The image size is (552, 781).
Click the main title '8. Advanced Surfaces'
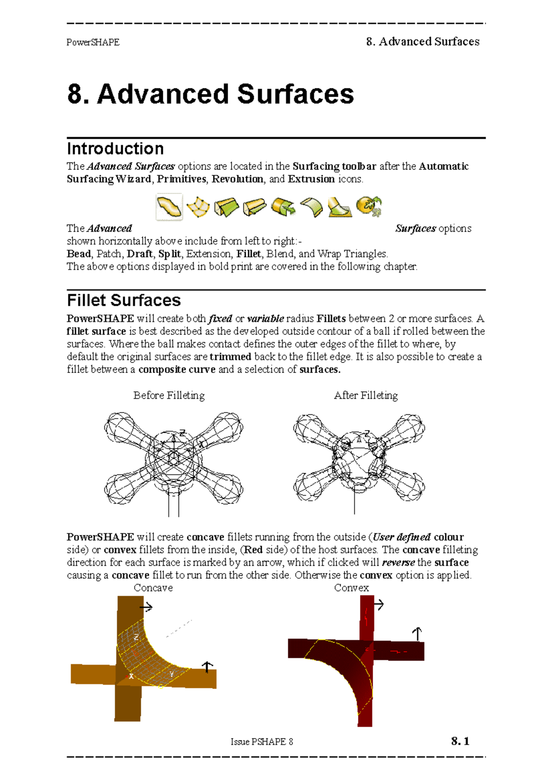pos(210,94)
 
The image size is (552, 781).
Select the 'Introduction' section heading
pos(115,149)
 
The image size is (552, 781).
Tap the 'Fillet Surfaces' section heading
pos(124,300)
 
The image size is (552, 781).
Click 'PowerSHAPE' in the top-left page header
pos(93,42)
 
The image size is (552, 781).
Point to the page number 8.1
pos(460,741)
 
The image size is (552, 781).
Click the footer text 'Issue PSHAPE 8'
pos(262,741)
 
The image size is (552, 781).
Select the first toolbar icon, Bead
pos(169,207)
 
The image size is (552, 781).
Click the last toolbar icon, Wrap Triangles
pos(369,206)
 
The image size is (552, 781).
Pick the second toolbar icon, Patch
pos(198,207)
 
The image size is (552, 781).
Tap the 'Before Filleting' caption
pos(169,395)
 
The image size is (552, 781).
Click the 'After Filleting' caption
pos(366,395)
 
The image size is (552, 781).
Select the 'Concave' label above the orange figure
pos(153,588)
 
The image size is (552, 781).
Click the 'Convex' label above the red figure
pos(351,588)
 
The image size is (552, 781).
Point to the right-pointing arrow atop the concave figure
pos(146,608)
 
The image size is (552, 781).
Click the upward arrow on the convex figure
pos(417,634)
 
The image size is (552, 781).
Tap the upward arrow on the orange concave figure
pos(207,667)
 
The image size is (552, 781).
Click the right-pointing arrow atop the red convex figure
pos(379,604)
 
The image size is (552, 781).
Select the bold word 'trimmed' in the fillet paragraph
pos(230,357)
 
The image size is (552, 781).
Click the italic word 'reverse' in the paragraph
pos(398,563)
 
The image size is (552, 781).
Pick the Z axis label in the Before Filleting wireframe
pos(183,433)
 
